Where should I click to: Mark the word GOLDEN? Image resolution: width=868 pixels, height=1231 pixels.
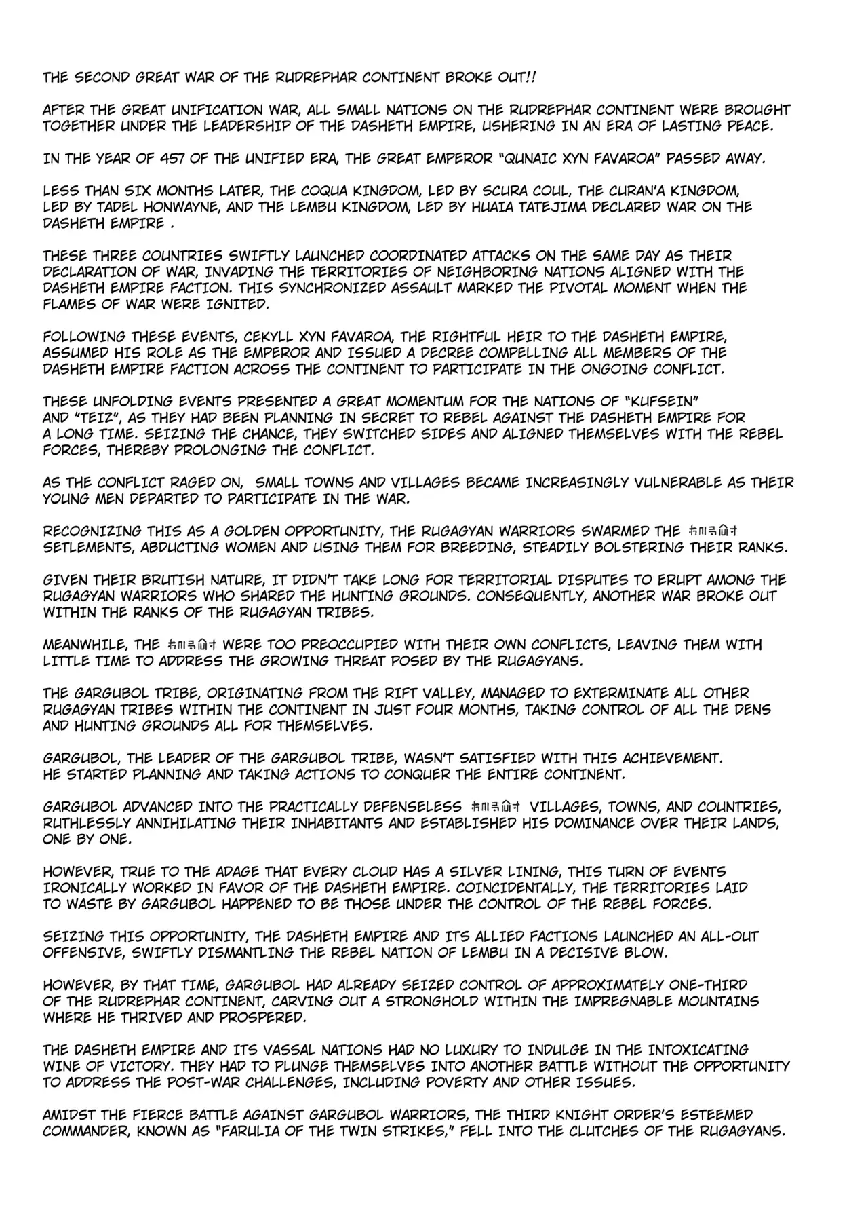(258, 531)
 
